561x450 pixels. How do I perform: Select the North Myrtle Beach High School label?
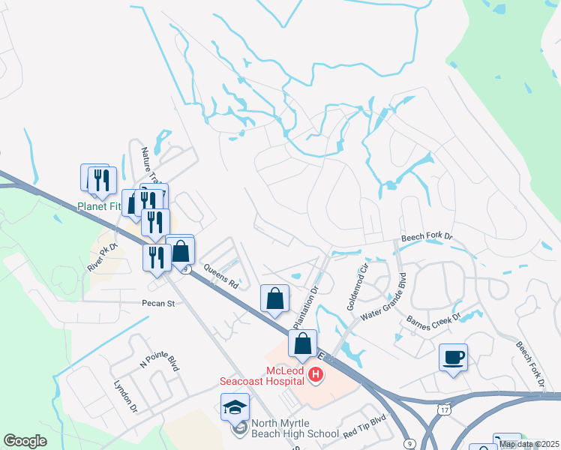(x=295, y=427)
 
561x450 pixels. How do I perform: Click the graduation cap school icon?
(x=235, y=407)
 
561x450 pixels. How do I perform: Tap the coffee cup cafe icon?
(x=454, y=357)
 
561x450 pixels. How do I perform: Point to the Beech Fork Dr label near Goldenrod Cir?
(x=427, y=237)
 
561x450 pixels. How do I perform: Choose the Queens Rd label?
(x=220, y=280)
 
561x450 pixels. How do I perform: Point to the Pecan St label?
(x=158, y=304)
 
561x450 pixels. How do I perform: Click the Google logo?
(x=25, y=440)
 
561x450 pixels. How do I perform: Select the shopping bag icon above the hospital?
(x=302, y=343)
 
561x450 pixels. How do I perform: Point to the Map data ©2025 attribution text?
(x=528, y=444)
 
